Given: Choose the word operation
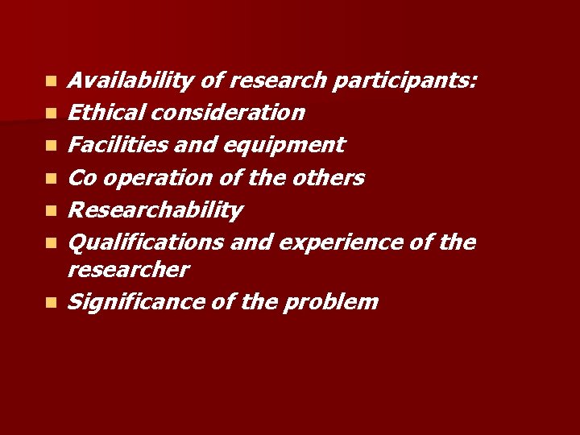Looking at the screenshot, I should click(151, 178).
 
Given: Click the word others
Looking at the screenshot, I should click(327, 177).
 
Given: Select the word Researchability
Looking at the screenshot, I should click(155, 210).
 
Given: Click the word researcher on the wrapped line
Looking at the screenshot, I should click(128, 269).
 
